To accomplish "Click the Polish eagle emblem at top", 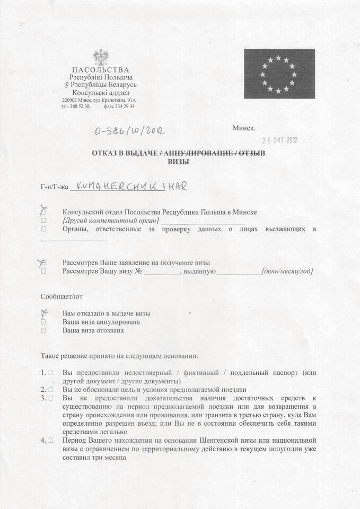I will pos(100,57).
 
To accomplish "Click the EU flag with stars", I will pos(279,74).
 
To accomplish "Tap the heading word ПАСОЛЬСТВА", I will pos(100,70).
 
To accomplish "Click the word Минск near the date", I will pos(243,128).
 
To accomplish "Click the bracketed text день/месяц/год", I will pos(287,271).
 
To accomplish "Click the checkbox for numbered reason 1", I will pos(50,373).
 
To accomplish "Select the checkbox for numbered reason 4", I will pos(50,440).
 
